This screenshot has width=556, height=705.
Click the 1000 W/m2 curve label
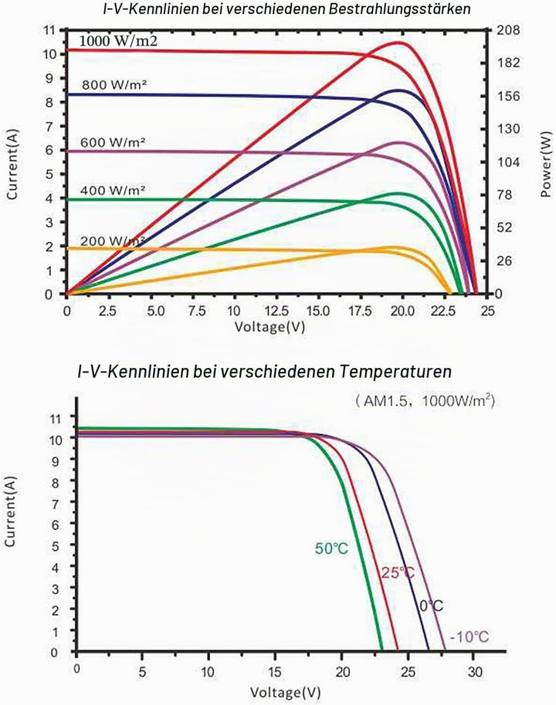coord(118,42)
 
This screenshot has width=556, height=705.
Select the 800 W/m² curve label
coord(114,85)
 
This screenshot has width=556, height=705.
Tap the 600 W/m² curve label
coord(113,143)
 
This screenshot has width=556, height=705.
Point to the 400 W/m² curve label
coord(113,191)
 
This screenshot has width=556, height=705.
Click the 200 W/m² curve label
coord(113,241)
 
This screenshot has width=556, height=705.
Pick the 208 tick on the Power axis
coord(508,31)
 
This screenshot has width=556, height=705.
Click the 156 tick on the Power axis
coord(508,96)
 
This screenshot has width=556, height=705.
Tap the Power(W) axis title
coord(546,164)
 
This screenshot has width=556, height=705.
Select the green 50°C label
coord(331,549)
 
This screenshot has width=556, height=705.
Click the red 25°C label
coord(398,573)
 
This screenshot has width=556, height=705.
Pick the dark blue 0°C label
coord(432,605)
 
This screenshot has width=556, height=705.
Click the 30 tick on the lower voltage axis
coord(474,672)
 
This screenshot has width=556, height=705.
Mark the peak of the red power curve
coord(398,42)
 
